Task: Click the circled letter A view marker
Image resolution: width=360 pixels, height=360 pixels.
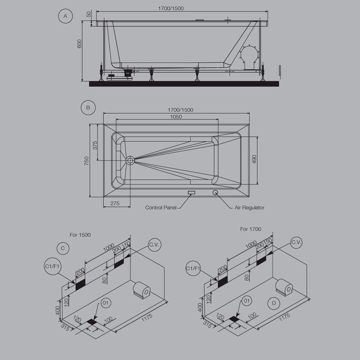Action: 65,16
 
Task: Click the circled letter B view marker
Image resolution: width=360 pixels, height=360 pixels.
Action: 88,107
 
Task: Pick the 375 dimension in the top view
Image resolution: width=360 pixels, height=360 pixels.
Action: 95,145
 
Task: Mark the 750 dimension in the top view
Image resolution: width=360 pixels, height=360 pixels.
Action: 86,161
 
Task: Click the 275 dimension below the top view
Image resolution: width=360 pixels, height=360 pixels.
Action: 115,203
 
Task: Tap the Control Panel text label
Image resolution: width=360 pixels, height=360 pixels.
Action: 161,208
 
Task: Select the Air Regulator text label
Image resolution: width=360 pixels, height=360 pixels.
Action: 249,208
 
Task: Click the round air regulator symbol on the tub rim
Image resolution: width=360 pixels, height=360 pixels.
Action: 215,192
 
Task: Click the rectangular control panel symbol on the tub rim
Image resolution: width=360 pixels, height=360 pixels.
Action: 192,192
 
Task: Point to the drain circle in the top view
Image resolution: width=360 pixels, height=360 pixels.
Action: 130,160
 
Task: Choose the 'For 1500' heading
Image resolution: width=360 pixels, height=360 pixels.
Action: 80,235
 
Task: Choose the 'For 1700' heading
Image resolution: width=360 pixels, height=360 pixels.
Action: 251,229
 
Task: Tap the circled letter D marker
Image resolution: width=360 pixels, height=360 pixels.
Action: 274,303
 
